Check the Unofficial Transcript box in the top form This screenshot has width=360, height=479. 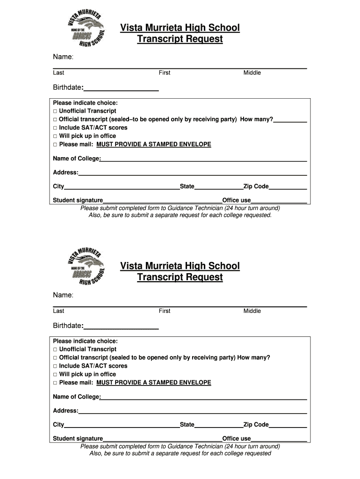click(x=55, y=111)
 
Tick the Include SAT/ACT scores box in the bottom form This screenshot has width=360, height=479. click(x=55, y=366)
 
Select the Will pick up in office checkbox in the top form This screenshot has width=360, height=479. click(x=55, y=136)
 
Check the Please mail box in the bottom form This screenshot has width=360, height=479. click(x=55, y=383)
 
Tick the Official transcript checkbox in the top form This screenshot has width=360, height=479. click(x=55, y=120)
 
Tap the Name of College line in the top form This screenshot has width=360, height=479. click(x=203, y=160)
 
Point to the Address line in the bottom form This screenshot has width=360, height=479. click(x=192, y=413)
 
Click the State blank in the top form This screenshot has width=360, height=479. click(x=219, y=188)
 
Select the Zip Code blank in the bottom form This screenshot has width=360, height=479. click(x=288, y=427)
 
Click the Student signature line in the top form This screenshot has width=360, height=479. click(x=162, y=202)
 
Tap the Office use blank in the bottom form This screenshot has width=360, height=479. click(x=279, y=441)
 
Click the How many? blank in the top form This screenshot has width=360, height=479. click(x=290, y=121)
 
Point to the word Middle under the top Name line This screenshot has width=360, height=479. click(x=252, y=73)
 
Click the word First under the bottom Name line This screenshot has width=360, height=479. click(x=165, y=311)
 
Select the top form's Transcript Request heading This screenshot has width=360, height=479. click(x=180, y=39)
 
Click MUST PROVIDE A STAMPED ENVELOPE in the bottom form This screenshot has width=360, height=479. click(x=154, y=383)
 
